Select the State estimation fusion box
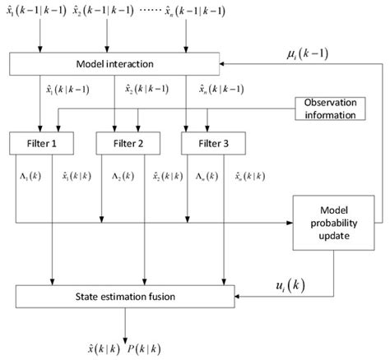[125, 293]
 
